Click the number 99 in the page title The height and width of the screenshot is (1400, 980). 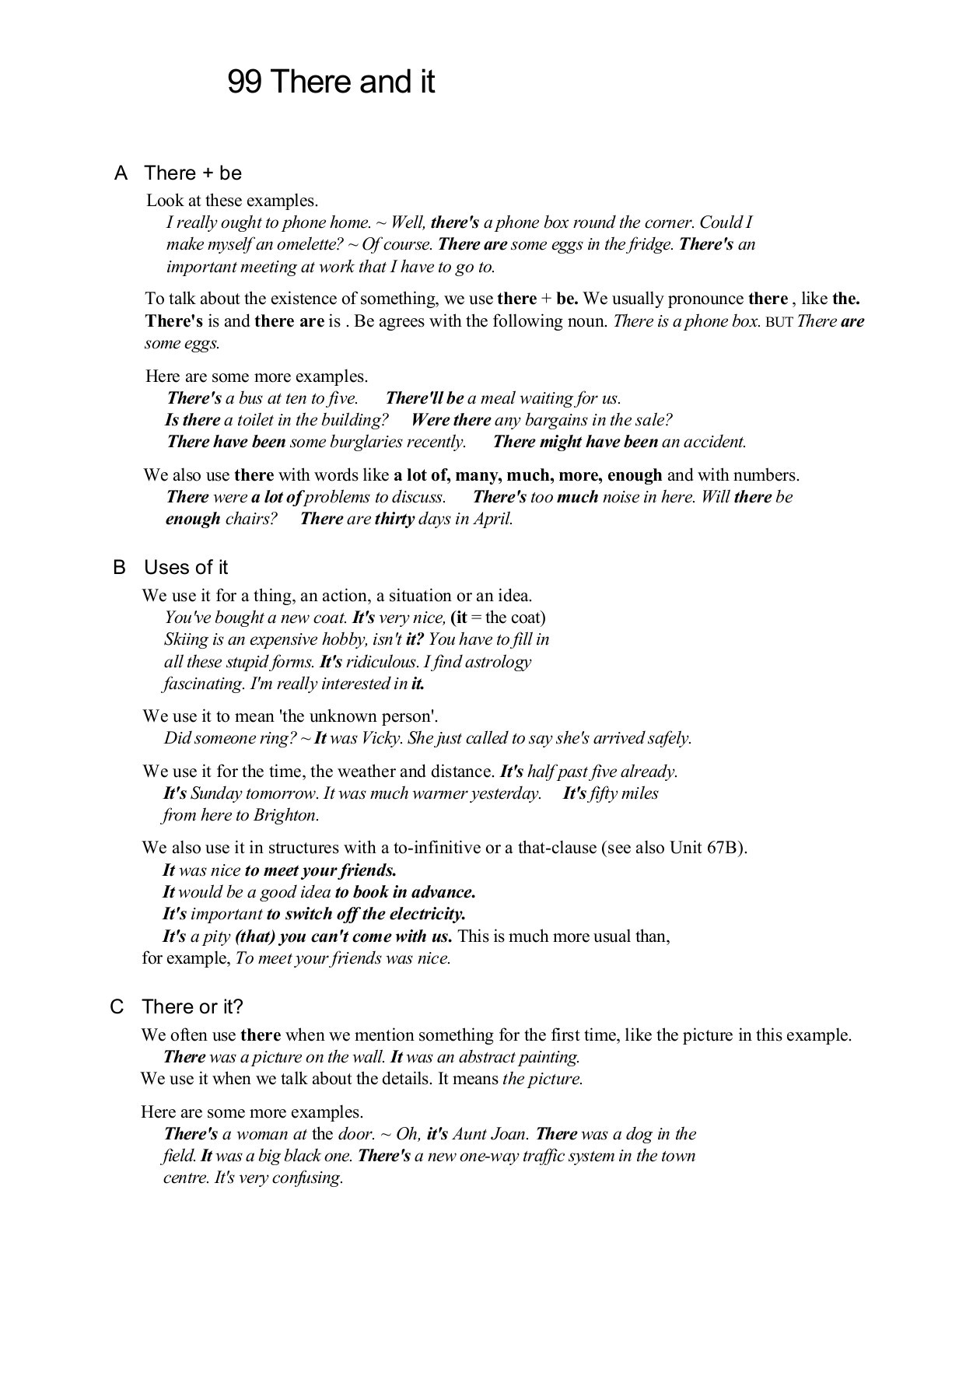pos(244,82)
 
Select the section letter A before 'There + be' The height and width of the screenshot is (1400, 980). pos(121,173)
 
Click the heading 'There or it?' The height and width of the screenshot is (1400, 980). pos(192,1007)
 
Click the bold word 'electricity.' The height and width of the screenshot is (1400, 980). pos(426,914)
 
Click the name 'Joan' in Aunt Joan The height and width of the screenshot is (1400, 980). pos(509,1134)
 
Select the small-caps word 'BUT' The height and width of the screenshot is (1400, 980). pos(779,322)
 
